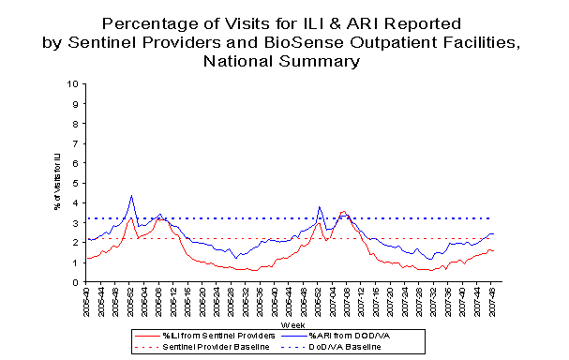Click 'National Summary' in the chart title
click(x=283, y=62)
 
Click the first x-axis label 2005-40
click(x=87, y=302)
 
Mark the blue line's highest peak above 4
click(x=131, y=196)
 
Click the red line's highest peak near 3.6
click(x=343, y=211)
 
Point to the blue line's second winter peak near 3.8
click(x=320, y=207)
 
